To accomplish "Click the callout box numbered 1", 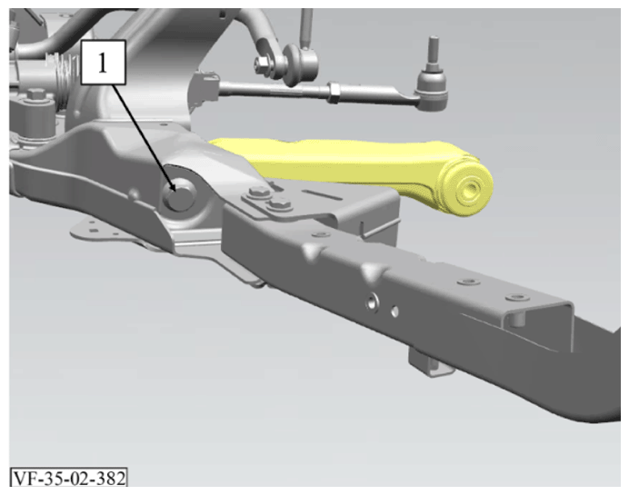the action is point(103,62).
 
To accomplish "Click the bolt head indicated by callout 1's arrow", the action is point(180,194).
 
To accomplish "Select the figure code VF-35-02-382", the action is point(69,478).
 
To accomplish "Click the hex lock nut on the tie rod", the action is point(334,92).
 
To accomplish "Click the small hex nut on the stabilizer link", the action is point(262,63).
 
